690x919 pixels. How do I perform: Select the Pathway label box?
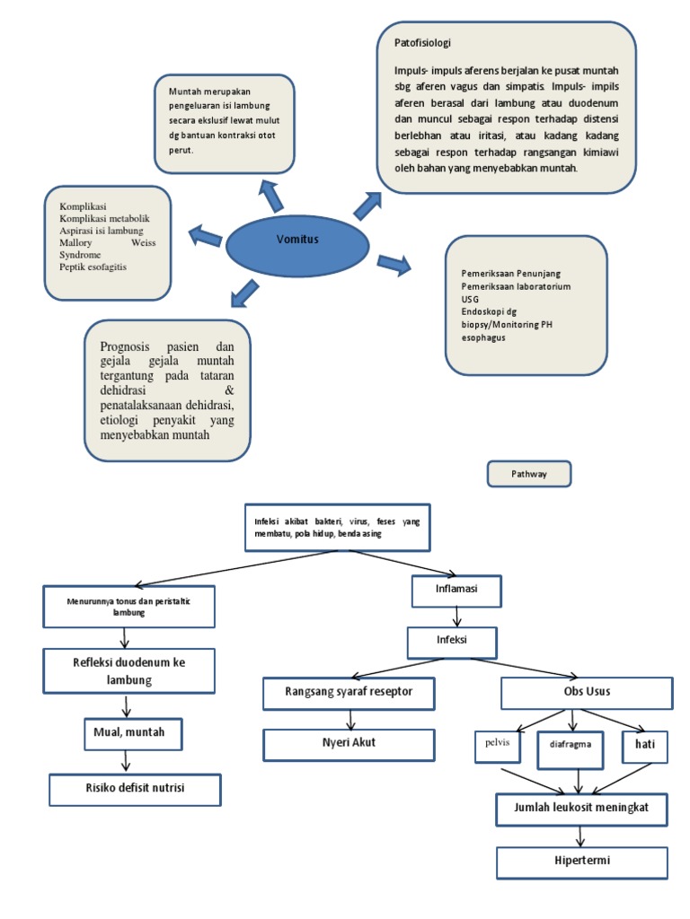[x=529, y=474]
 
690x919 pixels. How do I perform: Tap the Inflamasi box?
[x=456, y=591]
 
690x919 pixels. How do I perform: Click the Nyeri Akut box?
[x=349, y=744]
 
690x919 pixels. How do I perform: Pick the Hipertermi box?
[x=582, y=862]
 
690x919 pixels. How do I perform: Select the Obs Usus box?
[x=586, y=693]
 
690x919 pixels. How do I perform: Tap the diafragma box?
[x=571, y=744]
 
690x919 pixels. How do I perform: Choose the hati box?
[x=645, y=745]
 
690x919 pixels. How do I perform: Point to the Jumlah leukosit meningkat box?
[x=582, y=809]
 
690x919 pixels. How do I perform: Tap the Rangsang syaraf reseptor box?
[x=349, y=693]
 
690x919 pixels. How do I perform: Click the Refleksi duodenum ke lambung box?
[x=128, y=670]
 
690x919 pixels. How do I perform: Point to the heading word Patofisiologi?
[x=422, y=42]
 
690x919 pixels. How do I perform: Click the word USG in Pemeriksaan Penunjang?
[x=471, y=298]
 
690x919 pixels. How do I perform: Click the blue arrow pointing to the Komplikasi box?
[x=205, y=236]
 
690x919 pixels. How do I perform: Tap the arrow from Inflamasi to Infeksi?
[x=457, y=617]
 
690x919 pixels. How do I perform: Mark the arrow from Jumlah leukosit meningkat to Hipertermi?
[x=583, y=836]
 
